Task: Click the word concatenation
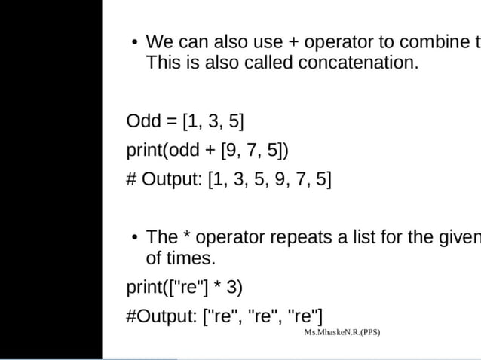357,62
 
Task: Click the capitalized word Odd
142,121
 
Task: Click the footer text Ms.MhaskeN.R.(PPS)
342,332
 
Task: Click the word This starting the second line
164,62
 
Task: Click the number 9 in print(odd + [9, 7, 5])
230,151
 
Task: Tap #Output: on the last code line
161,316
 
